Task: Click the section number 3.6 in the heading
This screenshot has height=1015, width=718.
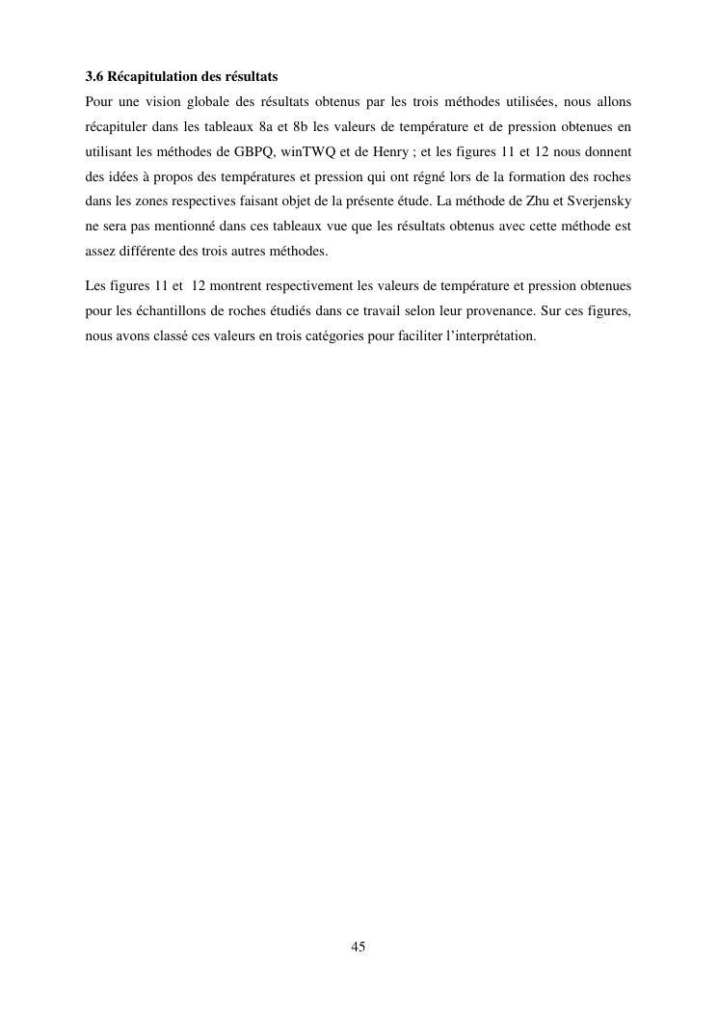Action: pyautogui.click(x=94, y=76)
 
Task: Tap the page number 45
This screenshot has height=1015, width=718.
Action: pyautogui.click(x=359, y=948)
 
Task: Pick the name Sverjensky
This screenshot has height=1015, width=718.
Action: pyautogui.click(x=601, y=201)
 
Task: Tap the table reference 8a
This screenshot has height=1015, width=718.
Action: pyautogui.click(x=266, y=126)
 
